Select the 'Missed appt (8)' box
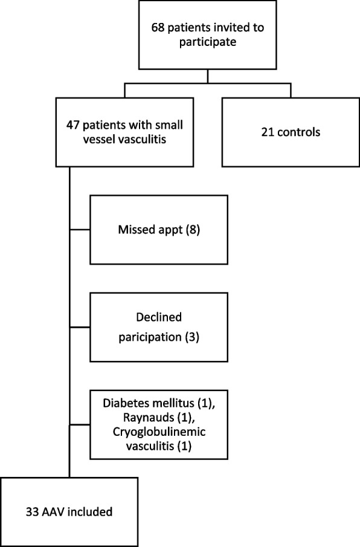[159, 229]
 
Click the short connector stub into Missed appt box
[80, 229]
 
